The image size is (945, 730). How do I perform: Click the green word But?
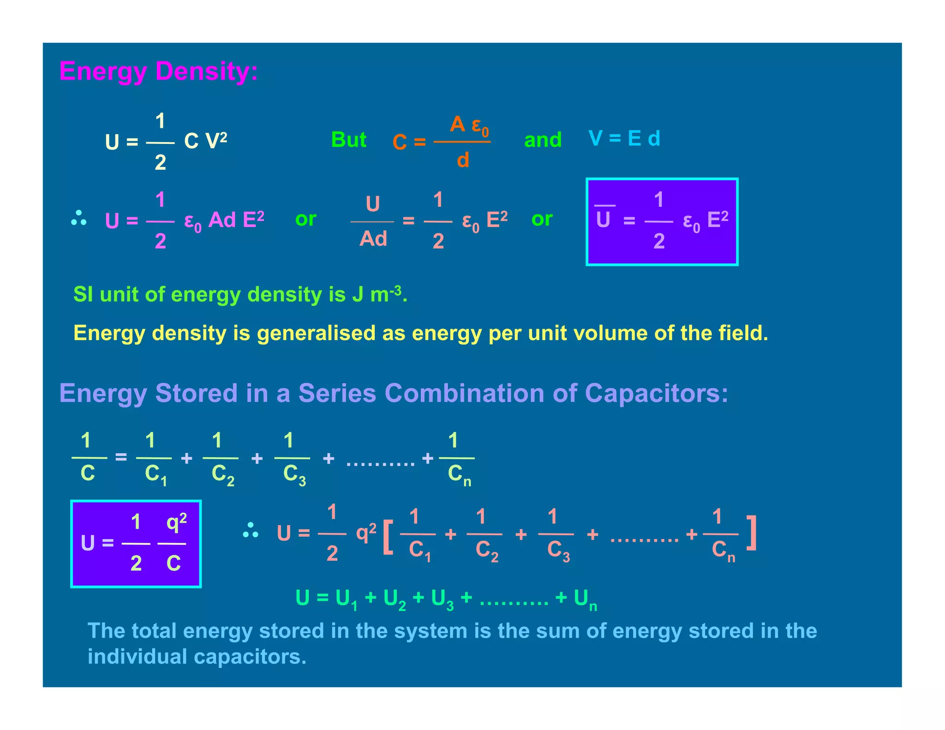[348, 139]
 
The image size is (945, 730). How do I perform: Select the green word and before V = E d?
[543, 139]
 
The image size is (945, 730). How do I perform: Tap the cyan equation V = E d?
[624, 138]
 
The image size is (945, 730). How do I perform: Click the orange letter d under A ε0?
[463, 160]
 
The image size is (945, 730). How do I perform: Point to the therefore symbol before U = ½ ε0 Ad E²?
[79, 219]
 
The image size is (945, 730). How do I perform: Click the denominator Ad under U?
[373, 239]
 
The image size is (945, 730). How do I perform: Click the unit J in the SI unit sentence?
[358, 294]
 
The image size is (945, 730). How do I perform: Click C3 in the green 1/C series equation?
[294, 474]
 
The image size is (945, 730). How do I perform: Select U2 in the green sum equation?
[395, 599]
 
